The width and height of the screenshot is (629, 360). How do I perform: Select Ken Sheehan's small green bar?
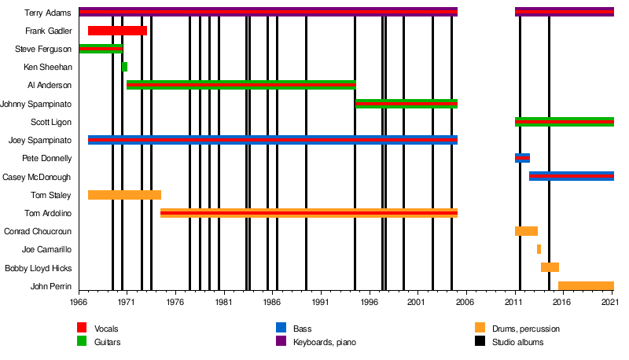tap(124, 67)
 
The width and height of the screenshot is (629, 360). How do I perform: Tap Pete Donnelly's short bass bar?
tap(522, 158)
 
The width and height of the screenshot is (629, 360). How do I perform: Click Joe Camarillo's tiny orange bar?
tap(539, 249)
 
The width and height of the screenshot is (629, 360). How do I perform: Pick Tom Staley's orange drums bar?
tap(124, 195)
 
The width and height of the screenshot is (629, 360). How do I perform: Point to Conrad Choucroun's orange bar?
tap(526, 231)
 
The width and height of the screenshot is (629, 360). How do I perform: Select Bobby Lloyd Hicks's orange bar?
tap(550, 267)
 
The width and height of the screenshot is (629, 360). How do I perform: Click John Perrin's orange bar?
tap(586, 285)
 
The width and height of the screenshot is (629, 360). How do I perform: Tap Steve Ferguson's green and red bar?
tap(101, 49)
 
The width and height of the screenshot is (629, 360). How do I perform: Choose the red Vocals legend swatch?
tap(82, 328)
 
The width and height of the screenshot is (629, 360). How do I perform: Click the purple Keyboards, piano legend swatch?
tap(281, 342)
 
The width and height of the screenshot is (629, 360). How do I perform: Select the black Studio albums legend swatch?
tap(480, 342)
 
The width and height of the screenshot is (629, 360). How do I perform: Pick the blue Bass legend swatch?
tap(281, 328)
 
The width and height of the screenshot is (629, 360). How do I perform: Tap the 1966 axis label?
tap(79, 302)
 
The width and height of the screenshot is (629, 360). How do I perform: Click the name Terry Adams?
tap(49, 13)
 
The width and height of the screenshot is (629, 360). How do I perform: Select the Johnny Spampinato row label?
tap(37, 104)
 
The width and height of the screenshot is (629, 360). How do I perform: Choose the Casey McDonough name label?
tap(37, 177)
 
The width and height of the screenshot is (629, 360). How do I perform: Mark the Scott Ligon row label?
tap(51, 122)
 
